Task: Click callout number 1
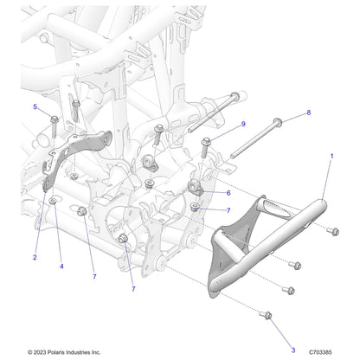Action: pyautogui.click(x=330, y=157)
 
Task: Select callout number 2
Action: pyautogui.click(x=34, y=257)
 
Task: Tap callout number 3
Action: pyautogui.click(x=293, y=349)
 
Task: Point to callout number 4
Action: pyautogui.click(x=61, y=266)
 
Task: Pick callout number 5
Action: pyautogui.click(x=35, y=106)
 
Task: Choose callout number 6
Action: pyautogui.click(x=228, y=193)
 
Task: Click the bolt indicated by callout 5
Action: pyautogui.click(x=54, y=120)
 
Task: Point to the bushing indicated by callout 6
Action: pyautogui.click(x=196, y=190)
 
